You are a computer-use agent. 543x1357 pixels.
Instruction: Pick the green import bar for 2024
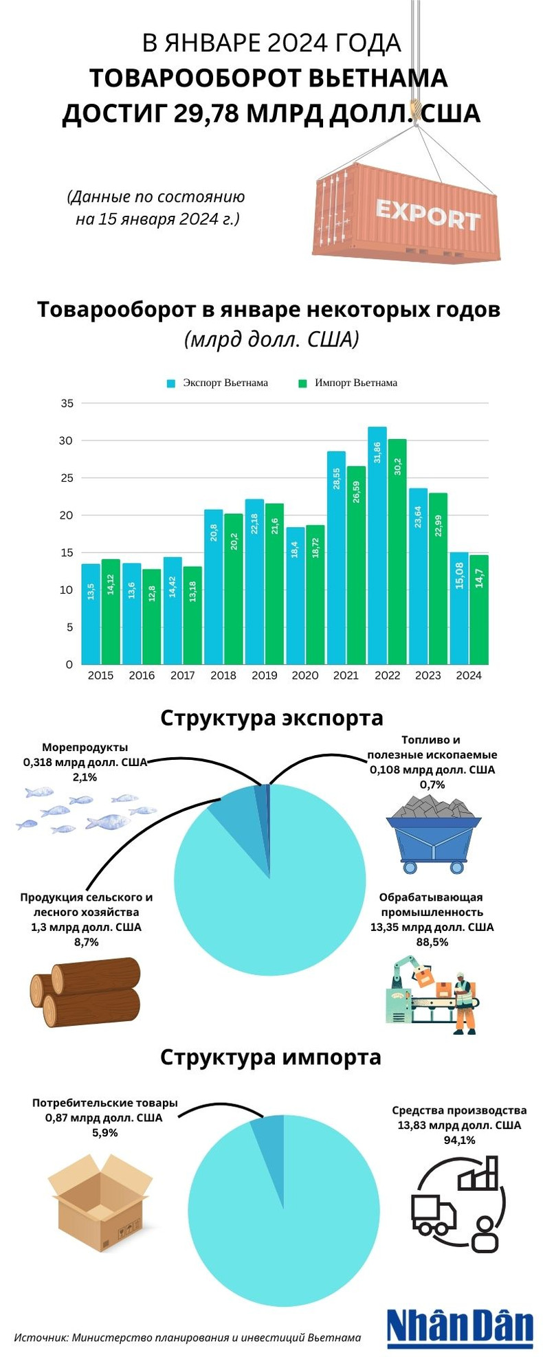click(479, 609)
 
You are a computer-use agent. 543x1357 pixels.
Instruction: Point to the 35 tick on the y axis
click(67, 403)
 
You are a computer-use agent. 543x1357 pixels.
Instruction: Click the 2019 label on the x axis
click(264, 675)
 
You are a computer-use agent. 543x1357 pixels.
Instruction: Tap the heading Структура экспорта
click(271, 718)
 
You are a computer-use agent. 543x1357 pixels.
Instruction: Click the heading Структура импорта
click(271, 1056)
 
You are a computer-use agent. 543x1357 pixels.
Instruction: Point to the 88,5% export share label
click(432, 942)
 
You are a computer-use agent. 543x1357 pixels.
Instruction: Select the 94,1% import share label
click(459, 1140)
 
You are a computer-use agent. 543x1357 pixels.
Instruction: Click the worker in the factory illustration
click(465, 1004)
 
